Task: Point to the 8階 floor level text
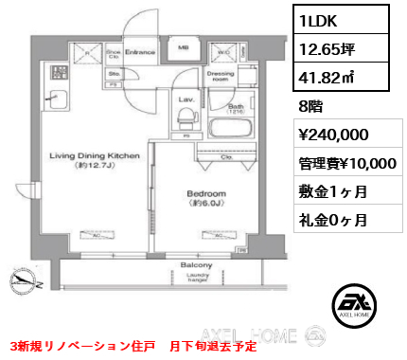pyautogui.click(x=310, y=107)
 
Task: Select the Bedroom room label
pyautogui.click(x=206, y=193)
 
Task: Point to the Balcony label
pyautogui.click(x=196, y=266)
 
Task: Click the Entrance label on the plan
pyautogui.click(x=141, y=52)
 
